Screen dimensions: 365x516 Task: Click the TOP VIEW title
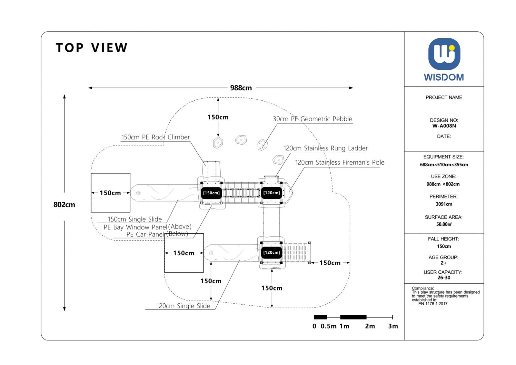92,48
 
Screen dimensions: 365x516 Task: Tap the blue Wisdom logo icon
444,54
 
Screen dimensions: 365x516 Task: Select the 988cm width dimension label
241,88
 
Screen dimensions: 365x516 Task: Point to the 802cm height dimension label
64,205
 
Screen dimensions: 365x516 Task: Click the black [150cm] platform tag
211,193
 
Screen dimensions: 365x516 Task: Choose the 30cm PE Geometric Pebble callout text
313,119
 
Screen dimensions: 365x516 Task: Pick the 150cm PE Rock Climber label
155,137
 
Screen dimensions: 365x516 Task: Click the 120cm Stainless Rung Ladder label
325,148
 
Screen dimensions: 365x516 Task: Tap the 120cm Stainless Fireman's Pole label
340,162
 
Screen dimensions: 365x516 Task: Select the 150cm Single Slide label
135,219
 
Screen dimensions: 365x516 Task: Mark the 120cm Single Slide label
183,306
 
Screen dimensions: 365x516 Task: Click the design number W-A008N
444,126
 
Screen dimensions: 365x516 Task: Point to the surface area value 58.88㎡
444,224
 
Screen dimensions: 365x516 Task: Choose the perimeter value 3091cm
444,204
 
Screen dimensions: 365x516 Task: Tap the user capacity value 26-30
444,278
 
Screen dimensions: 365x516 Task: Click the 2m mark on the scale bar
370,326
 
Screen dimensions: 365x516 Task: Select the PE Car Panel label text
145,234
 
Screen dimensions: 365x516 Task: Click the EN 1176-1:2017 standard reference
433,304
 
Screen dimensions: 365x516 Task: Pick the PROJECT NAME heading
444,97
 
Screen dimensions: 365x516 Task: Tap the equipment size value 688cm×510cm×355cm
444,165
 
